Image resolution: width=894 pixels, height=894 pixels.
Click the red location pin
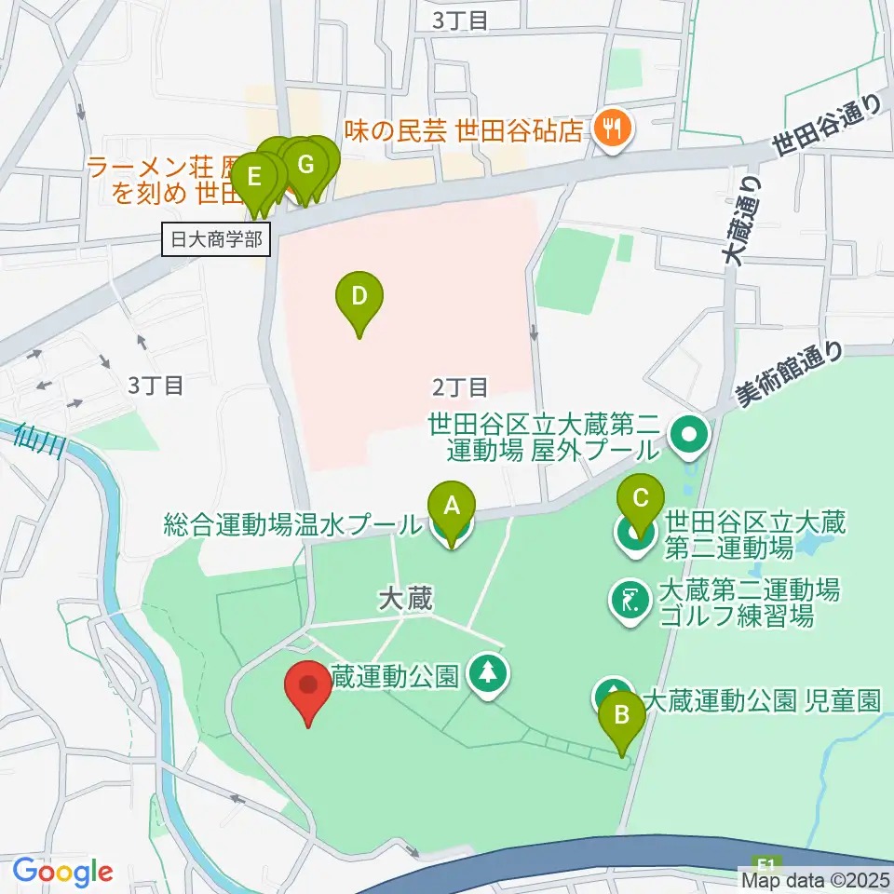[x=308, y=690]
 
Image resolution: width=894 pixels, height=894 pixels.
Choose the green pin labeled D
[x=359, y=301]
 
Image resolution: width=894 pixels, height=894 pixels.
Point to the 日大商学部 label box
[x=217, y=240]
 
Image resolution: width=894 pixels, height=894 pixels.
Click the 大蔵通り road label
[x=743, y=223]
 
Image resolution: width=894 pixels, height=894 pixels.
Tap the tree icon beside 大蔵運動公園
[x=486, y=675]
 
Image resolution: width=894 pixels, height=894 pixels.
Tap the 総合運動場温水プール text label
[x=291, y=524]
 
